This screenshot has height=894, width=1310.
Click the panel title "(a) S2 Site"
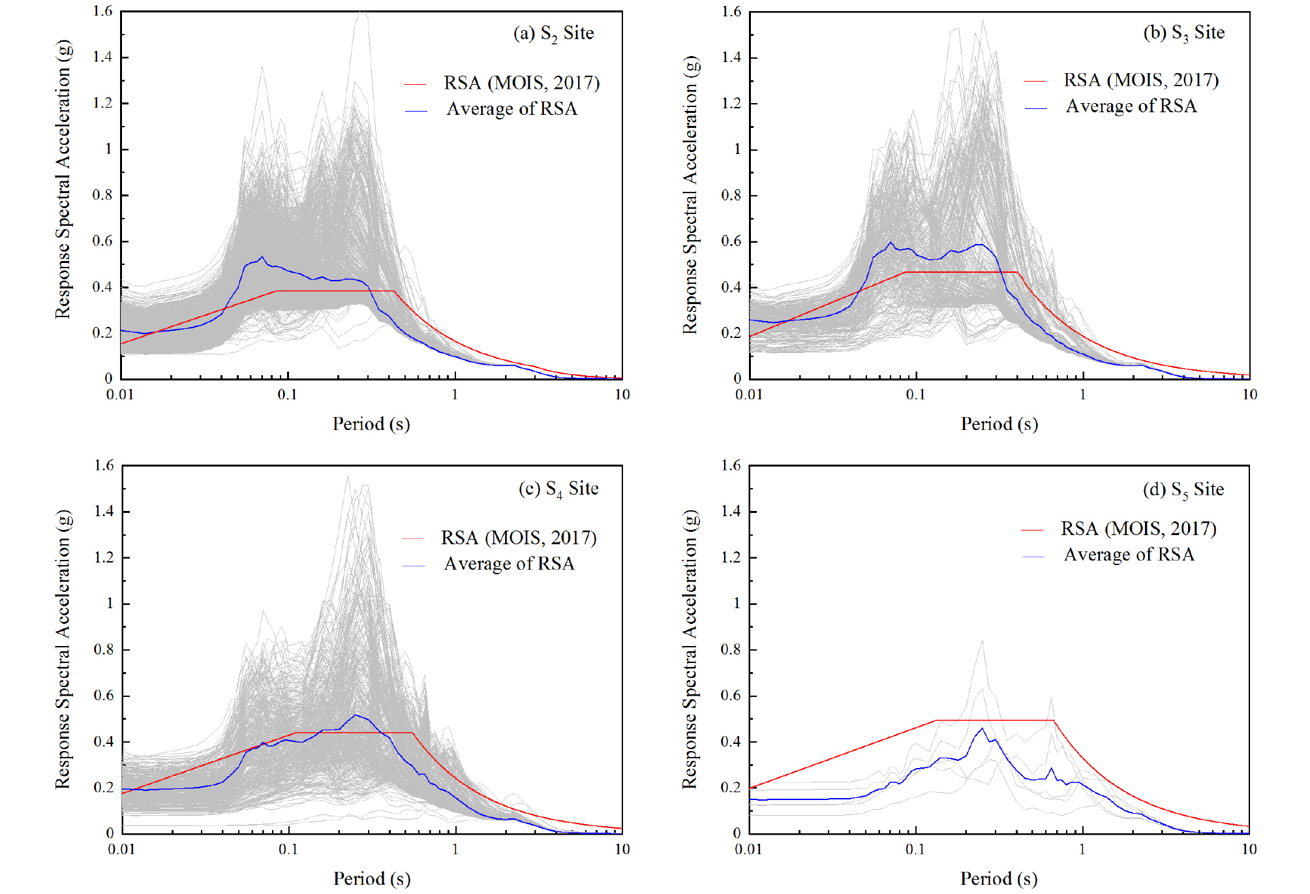coord(553,33)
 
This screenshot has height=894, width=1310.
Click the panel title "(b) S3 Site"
coord(1183,33)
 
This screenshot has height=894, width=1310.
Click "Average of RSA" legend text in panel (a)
coord(511,109)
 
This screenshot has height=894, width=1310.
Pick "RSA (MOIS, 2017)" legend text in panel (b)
coord(1141,80)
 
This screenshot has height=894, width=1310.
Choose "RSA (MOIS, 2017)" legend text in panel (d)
coord(1138,529)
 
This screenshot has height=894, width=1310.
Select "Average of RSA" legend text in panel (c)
coord(509,564)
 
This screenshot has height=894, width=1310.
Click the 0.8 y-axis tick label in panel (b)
coord(731,195)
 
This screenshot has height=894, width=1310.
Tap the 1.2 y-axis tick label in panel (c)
coord(104,557)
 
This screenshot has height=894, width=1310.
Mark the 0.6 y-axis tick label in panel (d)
coord(731,696)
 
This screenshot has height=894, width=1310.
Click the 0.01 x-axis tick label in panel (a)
coord(120,395)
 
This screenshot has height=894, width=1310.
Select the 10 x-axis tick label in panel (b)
coord(1249,395)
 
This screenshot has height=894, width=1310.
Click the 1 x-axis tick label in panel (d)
coord(1082,850)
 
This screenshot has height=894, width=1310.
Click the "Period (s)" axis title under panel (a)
coord(371,424)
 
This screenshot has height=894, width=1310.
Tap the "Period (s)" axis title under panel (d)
coord(998,879)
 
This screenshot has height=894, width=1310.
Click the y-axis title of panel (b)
coord(690,195)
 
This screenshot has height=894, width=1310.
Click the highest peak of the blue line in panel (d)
coord(982,729)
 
